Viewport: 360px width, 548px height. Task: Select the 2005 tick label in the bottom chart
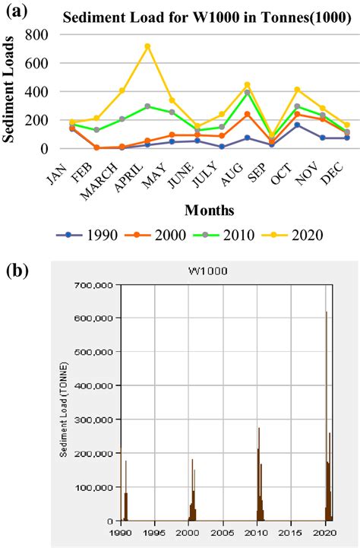pyautogui.click(x=223, y=534)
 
